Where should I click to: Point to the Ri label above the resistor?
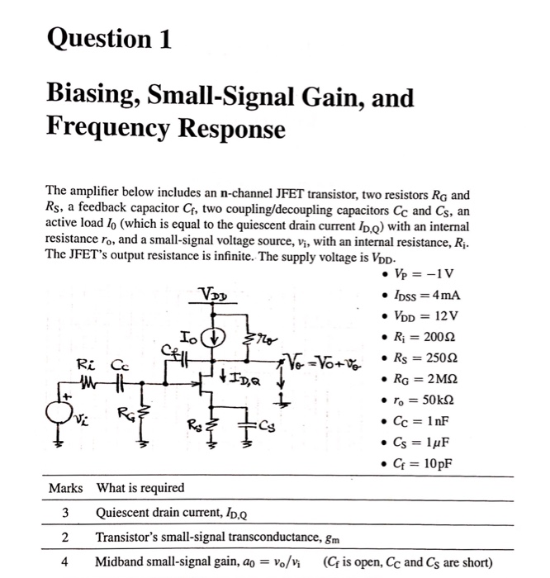(x=87, y=364)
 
